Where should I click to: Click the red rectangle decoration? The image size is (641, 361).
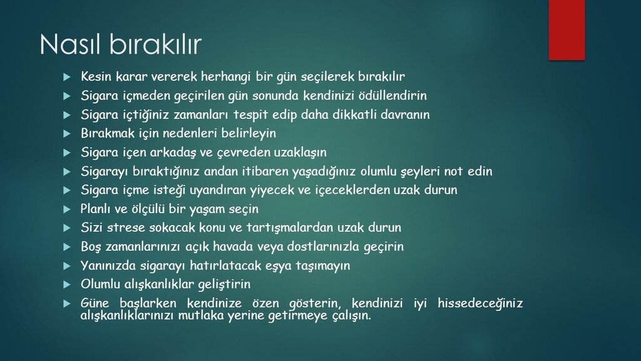[x=567, y=30]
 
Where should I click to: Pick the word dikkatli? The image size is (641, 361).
[x=354, y=114]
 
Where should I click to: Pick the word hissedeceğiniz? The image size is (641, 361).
[x=480, y=303]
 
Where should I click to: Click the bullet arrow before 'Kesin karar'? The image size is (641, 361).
[x=67, y=77]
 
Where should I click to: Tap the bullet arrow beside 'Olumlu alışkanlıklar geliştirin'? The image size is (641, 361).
[x=67, y=285]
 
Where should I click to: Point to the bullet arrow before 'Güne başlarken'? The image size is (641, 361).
[x=67, y=304]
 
